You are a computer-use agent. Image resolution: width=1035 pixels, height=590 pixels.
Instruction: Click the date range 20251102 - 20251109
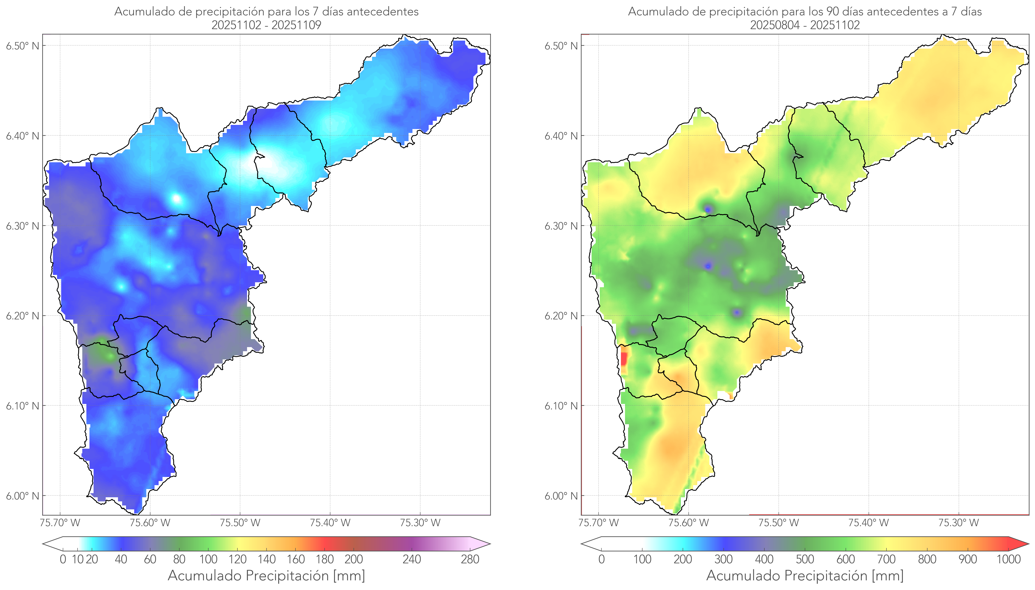coord(266,25)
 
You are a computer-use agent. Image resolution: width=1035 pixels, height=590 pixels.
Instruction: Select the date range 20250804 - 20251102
coord(805,25)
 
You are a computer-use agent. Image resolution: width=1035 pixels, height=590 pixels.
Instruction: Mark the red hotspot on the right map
coord(624,359)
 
